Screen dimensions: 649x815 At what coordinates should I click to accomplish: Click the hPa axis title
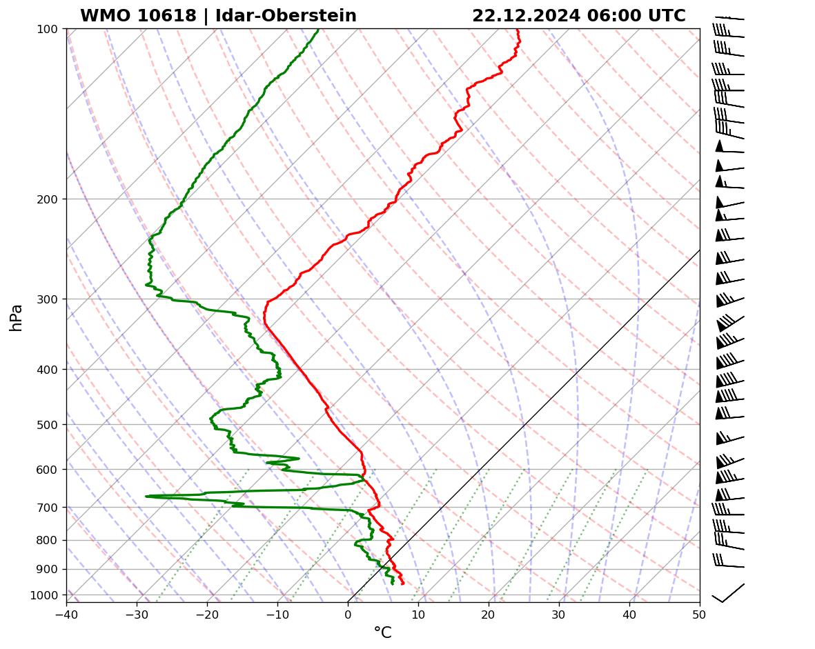pos(17,317)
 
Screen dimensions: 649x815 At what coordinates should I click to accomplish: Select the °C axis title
pos(382,633)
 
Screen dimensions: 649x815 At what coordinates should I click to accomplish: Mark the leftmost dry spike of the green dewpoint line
pos(147,496)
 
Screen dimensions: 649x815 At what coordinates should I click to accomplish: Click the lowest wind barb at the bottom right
pos(728,592)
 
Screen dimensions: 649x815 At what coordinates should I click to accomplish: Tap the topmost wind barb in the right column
pos(729,18)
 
